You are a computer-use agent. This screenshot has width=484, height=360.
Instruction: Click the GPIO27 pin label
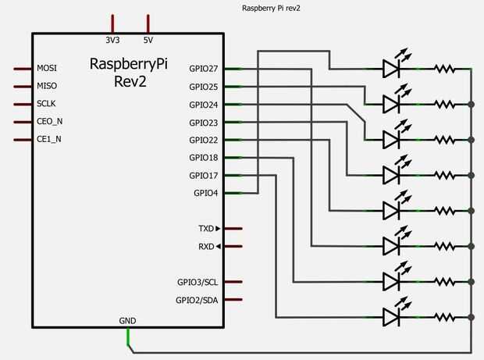coord(204,69)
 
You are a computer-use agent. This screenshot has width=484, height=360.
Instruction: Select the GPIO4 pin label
coord(206,193)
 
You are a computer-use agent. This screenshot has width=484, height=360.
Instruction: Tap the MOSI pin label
coord(46,68)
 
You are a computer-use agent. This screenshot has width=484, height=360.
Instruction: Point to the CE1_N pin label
coord(48,139)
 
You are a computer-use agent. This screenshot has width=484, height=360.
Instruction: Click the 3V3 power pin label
coord(113,39)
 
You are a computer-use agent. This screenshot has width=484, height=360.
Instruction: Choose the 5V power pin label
coord(148,39)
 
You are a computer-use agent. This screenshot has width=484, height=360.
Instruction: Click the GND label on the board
coord(127,320)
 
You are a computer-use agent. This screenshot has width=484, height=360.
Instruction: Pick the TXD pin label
coord(206,229)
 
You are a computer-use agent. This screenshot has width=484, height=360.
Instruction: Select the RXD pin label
coord(206,247)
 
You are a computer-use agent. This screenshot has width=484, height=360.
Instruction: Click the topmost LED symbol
coord(393,69)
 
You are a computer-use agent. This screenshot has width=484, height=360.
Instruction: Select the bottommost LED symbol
coord(393,316)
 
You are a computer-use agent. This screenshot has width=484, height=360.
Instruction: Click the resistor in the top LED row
coord(447,69)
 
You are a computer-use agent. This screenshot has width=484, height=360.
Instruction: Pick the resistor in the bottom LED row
coord(447,316)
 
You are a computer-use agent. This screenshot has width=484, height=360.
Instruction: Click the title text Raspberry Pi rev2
coord(272,8)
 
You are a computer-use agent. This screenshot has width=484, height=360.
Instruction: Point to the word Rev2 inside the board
coord(128,81)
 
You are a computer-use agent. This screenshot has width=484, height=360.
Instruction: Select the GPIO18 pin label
coord(204,158)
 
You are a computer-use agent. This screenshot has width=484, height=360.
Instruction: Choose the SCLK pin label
coord(46,104)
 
